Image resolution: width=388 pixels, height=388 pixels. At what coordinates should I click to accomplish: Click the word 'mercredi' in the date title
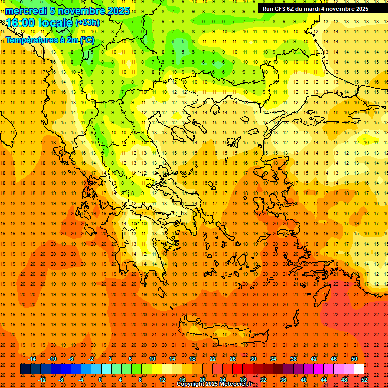[x=26, y=11]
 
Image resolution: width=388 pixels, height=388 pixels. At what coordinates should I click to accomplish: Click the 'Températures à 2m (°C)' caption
[x=50, y=40]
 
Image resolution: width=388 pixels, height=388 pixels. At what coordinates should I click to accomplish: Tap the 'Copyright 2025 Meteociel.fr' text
[x=214, y=384]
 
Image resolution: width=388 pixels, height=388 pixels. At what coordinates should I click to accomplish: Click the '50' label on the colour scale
[x=354, y=359]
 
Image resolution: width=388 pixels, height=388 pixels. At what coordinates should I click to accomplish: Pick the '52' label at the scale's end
[x=364, y=380]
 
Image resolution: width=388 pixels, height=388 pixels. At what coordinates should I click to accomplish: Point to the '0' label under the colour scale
[x=100, y=380]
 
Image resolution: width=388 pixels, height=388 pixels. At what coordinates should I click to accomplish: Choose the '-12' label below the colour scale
[x=42, y=380]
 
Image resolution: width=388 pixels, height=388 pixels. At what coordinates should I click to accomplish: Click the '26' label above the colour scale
[x=233, y=359]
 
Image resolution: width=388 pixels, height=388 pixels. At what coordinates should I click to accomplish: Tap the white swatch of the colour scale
[x=359, y=369]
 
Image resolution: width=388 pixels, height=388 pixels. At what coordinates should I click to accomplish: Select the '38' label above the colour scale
[x=294, y=359]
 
